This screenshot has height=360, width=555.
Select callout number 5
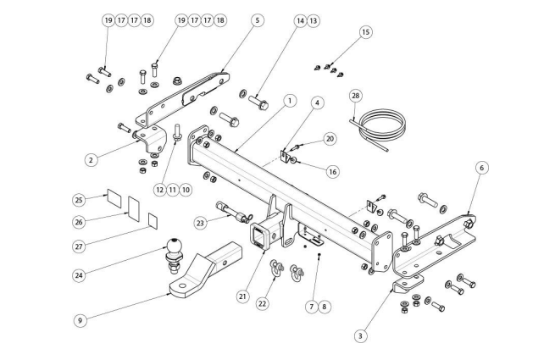click(258, 19)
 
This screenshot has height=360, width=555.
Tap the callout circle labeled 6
click(481, 168)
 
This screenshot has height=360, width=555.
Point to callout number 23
click(200, 224)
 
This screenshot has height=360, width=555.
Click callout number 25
click(79, 201)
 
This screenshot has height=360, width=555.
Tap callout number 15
click(365, 33)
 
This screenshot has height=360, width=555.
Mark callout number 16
click(332, 172)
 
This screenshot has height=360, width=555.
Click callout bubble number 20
click(330, 137)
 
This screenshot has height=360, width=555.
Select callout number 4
click(317, 104)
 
